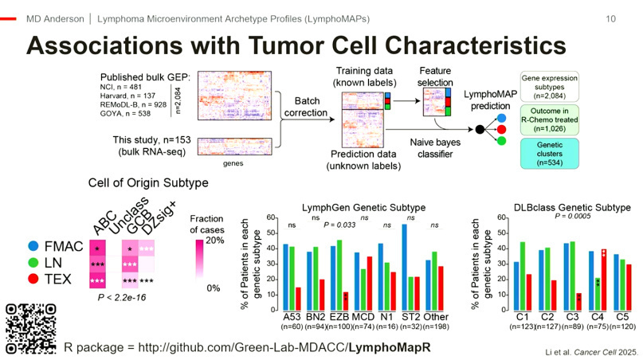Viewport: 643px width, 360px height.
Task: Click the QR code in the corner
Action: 30,328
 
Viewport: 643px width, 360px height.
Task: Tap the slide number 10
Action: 610,17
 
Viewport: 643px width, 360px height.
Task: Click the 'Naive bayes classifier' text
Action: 423,144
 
